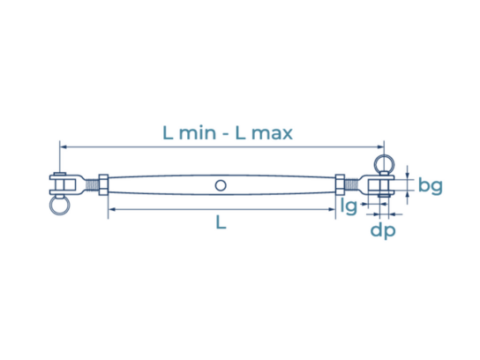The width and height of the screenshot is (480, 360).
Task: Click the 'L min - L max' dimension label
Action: (228, 133)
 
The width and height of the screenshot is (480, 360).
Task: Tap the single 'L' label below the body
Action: (221, 222)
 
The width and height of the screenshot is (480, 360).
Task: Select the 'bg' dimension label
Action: (431, 186)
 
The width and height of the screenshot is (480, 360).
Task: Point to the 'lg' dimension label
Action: (349, 206)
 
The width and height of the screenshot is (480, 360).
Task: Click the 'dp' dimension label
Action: (383, 231)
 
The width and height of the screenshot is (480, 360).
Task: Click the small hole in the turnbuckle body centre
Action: (221, 185)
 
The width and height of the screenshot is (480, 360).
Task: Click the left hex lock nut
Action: (103, 185)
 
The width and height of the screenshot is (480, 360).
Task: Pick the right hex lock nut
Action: (340, 185)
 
